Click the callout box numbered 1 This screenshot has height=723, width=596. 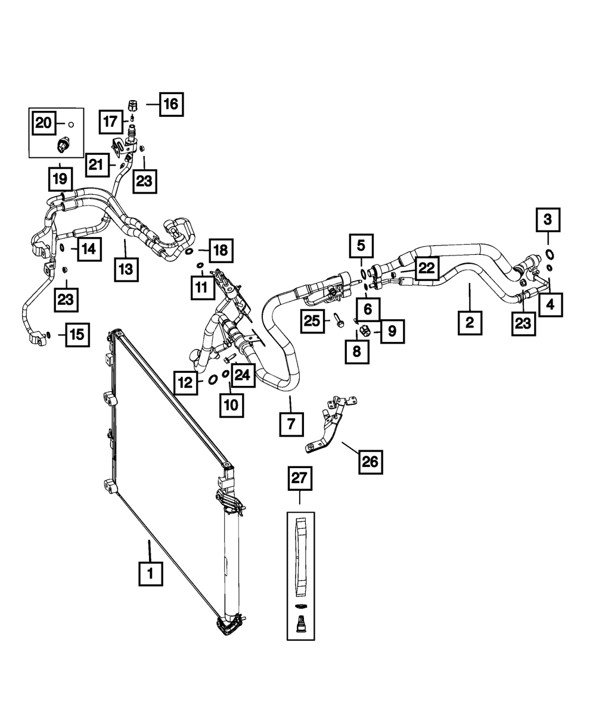pos(150,574)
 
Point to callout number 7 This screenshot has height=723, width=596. pos(290,425)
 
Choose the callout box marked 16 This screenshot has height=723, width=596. pos(170,104)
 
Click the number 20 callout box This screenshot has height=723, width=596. pos(44,123)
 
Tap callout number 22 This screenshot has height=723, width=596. pos(426,269)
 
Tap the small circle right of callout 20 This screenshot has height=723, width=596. pos(70,124)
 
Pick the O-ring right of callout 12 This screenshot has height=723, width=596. pos(212,379)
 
